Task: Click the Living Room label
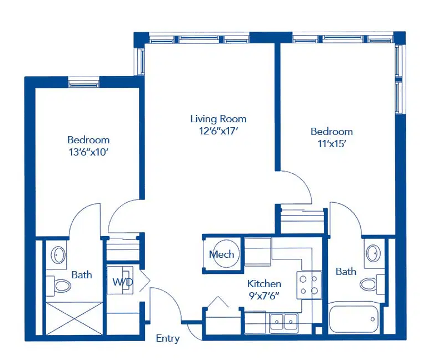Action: (218, 119)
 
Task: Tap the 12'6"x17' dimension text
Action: (218, 131)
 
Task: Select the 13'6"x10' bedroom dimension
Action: (88, 152)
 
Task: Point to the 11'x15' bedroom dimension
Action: (332, 143)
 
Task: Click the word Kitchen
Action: (264, 283)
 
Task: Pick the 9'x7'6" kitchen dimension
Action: (264, 296)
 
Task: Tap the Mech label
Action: (221, 254)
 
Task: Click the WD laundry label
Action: (123, 282)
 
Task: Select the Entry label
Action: (168, 338)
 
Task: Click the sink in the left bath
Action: (58, 254)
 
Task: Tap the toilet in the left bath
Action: (59, 286)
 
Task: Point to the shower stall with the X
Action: (74, 318)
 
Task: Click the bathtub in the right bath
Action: (354, 319)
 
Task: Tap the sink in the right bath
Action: (373, 252)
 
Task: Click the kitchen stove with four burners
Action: (309, 285)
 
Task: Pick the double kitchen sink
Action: (284, 322)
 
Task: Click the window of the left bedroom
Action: (84, 83)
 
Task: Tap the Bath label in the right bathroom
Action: (346, 271)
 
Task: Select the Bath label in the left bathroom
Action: (82, 274)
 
